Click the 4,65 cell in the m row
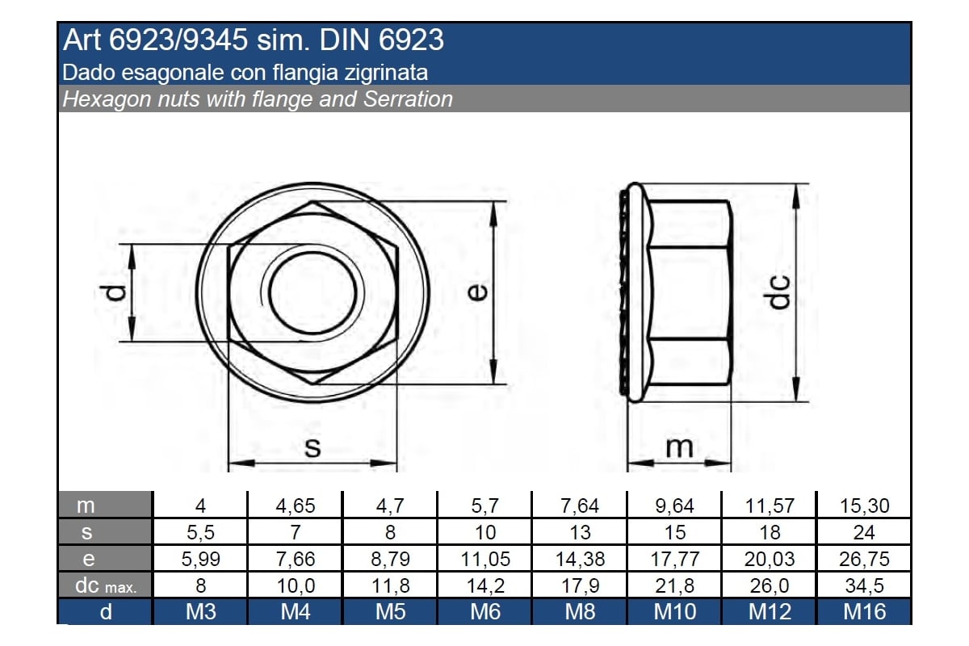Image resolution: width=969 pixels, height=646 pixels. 295,505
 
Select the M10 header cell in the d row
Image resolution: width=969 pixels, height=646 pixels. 675,612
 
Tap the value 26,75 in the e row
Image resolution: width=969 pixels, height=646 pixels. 864,559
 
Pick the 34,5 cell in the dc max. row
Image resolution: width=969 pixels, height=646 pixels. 864,585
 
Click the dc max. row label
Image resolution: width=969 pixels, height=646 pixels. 106,585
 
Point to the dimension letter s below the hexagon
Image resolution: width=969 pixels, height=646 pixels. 313,447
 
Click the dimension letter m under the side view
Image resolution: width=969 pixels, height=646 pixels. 679,447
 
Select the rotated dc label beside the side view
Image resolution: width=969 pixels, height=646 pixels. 777,292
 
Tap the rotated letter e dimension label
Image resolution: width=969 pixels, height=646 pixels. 477,292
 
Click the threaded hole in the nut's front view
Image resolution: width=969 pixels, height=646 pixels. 313,292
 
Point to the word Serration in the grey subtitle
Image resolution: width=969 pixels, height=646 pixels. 408,99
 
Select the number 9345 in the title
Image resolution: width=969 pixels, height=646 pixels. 215,40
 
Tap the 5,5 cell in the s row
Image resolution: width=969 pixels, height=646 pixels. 200,532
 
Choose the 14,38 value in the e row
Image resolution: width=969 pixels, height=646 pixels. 580,559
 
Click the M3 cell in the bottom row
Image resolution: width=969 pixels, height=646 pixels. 201,612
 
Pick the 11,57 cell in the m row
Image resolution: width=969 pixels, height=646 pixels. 770,505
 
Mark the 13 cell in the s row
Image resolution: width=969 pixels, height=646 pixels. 580,532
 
